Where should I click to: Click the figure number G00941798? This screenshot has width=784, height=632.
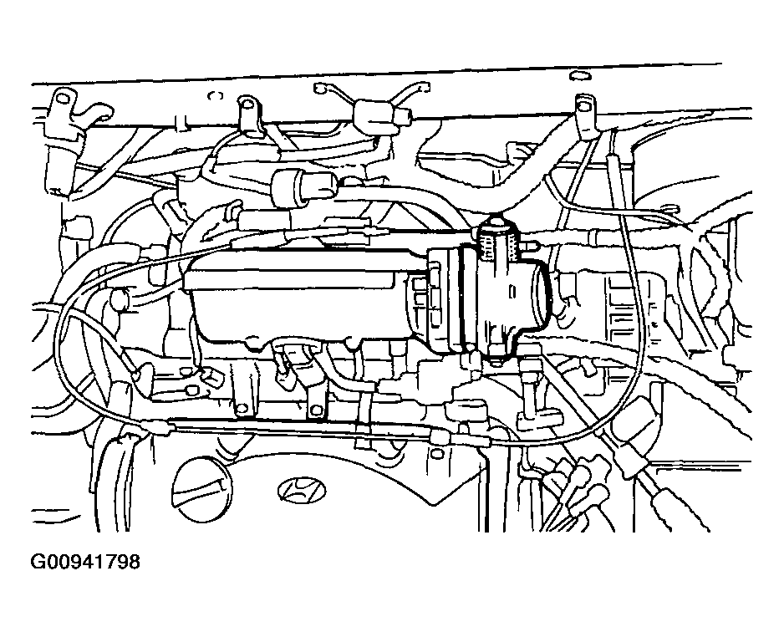coord(85,562)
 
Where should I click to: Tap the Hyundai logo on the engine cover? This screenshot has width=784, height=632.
coord(299,490)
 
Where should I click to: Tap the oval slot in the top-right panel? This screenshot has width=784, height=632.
coord(579,75)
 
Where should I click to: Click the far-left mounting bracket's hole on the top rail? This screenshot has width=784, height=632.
coord(63,98)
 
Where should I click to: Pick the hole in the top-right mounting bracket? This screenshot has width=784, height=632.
coord(583,104)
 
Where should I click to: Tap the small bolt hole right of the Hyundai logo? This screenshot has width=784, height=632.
coord(437,453)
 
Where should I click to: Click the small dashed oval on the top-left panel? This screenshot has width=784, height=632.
coord(216,95)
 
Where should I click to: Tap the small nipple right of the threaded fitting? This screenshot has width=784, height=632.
coord(530,245)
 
